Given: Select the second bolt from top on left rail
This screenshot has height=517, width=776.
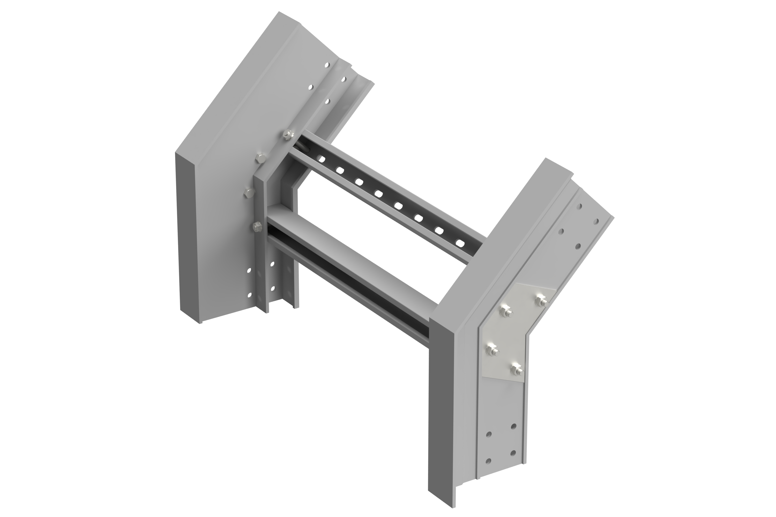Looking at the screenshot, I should (x=260, y=158).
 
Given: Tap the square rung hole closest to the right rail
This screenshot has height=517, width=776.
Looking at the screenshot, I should (x=459, y=243).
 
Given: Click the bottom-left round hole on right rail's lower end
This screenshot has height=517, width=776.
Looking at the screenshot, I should (x=489, y=460).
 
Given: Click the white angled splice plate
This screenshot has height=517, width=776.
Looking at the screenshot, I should (x=515, y=333).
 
